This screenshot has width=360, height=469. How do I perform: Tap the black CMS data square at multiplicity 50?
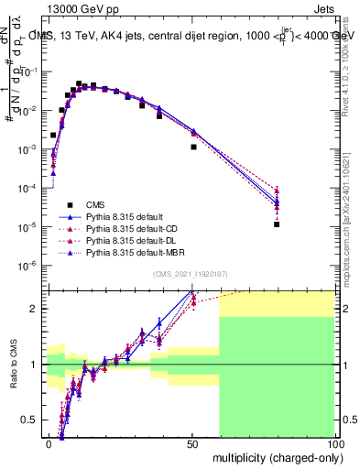click(193, 147)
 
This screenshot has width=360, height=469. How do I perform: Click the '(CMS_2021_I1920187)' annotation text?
click(189, 273)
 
